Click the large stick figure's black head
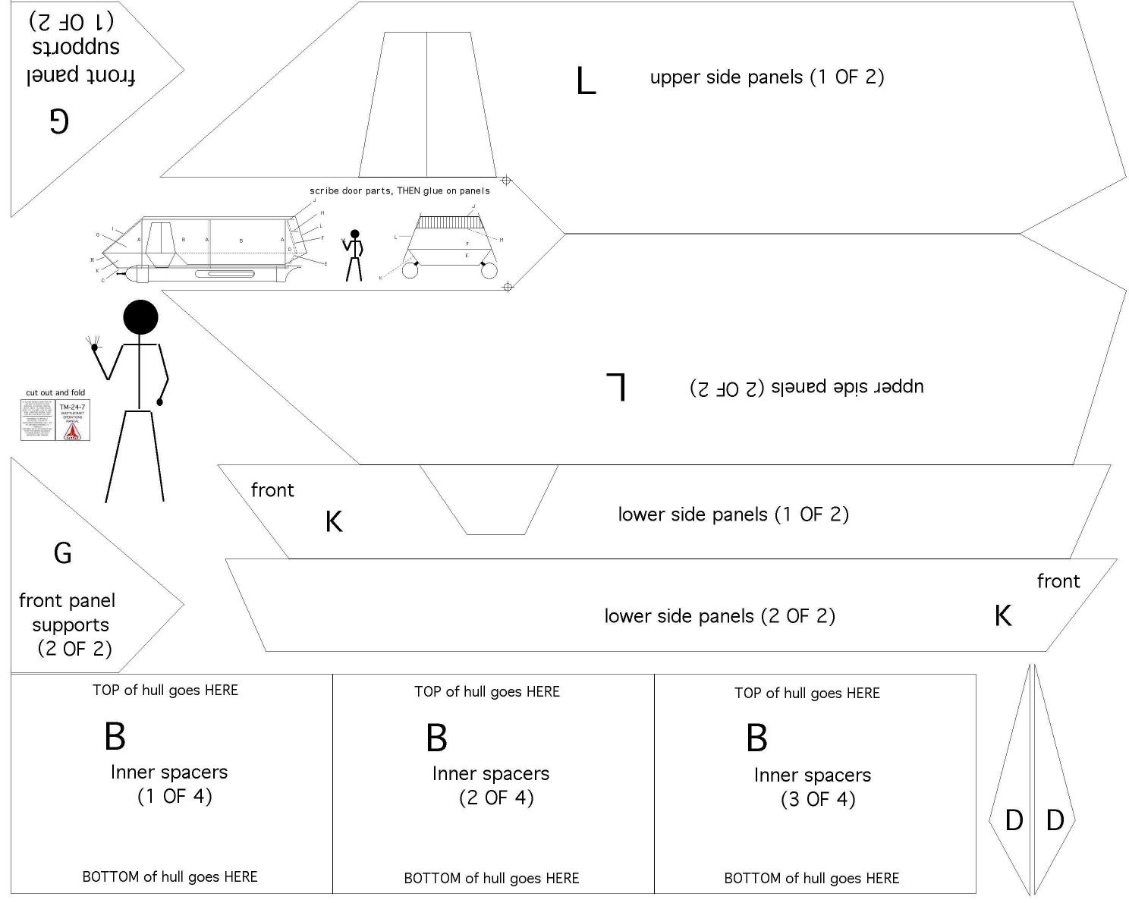[x=140, y=317]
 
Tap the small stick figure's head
[x=354, y=234]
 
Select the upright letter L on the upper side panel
[x=586, y=80]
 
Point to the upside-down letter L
[x=616, y=386]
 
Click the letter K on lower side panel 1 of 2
[x=334, y=521]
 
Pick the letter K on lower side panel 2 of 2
[x=1002, y=615]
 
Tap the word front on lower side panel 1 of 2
[x=272, y=490]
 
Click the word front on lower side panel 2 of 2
[x=1058, y=581]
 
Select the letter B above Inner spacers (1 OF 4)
[x=115, y=735]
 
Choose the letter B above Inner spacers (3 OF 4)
[x=756, y=738]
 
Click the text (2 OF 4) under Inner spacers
[x=496, y=798]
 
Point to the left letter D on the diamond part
[x=1014, y=820]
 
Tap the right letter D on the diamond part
[x=1055, y=820]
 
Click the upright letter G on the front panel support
[x=63, y=553]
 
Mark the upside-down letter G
[x=59, y=120]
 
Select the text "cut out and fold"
[x=55, y=392]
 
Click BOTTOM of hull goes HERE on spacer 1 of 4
[x=170, y=876]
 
